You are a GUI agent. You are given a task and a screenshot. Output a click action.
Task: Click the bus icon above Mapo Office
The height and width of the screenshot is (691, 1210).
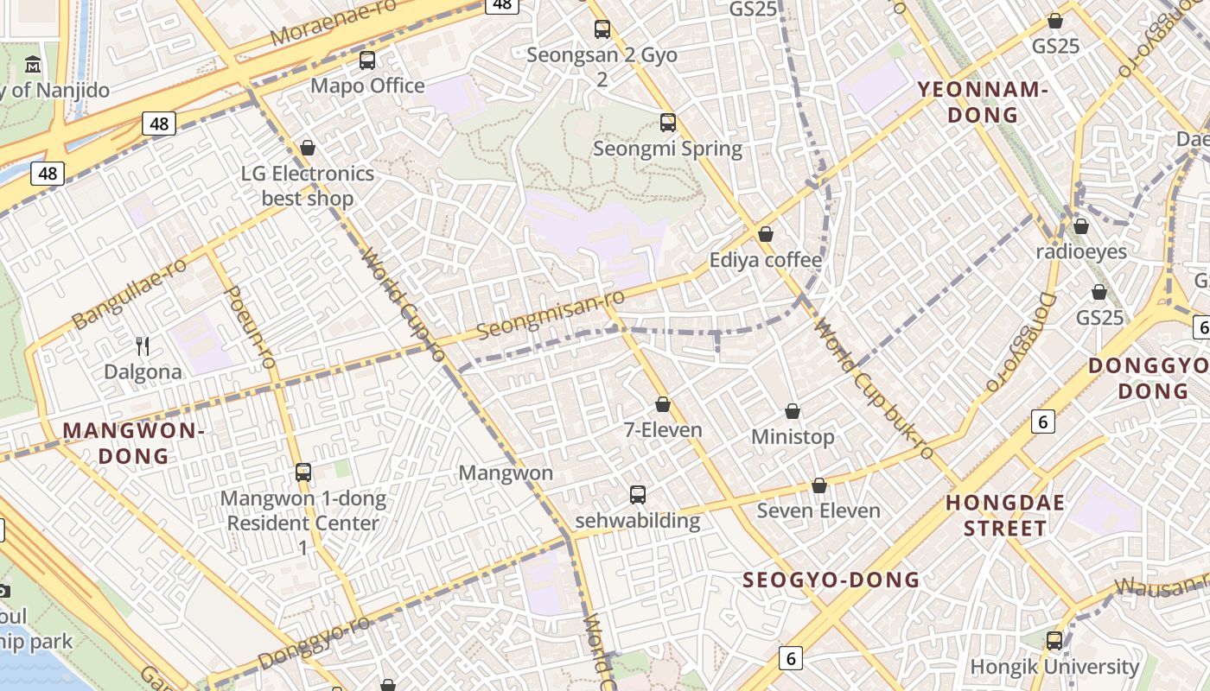point(367,60)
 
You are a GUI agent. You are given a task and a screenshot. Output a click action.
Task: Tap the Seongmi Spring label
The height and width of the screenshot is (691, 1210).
point(667,149)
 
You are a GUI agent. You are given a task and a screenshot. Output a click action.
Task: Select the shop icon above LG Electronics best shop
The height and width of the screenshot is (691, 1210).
point(307,148)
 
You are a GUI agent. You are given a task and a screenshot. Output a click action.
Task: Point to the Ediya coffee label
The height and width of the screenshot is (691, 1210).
point(765,260)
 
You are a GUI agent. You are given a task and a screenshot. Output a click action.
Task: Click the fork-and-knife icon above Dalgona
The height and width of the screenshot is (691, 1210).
point(143,346)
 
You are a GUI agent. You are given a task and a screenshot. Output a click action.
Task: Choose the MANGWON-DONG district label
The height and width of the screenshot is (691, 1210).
point(133,443)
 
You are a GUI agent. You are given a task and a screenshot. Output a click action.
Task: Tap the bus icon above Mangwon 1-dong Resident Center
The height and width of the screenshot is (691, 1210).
point(302,472)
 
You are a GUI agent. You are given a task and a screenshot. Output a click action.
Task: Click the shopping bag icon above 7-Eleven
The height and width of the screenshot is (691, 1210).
point(663,404)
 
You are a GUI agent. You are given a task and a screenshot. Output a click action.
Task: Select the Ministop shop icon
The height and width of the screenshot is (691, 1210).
point(793,411)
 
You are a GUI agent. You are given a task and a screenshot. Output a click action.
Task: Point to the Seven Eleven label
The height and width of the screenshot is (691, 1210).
point(818,510)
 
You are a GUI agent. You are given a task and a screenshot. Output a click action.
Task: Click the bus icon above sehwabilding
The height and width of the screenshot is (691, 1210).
point(638,495)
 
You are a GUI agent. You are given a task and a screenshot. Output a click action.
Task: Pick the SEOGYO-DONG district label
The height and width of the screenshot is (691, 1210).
point(831,580)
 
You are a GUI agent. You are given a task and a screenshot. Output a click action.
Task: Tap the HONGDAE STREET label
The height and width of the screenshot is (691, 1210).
point(1005,516)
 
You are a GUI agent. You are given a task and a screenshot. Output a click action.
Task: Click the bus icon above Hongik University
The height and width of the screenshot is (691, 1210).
point(1054,641)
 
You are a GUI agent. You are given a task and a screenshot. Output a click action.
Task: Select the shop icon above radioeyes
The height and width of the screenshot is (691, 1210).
point(1080,226)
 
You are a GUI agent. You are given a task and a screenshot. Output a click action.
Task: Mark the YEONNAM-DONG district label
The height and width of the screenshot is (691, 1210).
point(983,102)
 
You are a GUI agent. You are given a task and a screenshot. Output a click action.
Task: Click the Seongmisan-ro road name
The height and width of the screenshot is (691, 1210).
point(551,315)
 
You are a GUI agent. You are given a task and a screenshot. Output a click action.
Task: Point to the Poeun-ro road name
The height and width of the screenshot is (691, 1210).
point(249,326)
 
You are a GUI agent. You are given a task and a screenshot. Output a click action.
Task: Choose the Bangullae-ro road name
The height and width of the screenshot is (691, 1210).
point(130,294)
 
